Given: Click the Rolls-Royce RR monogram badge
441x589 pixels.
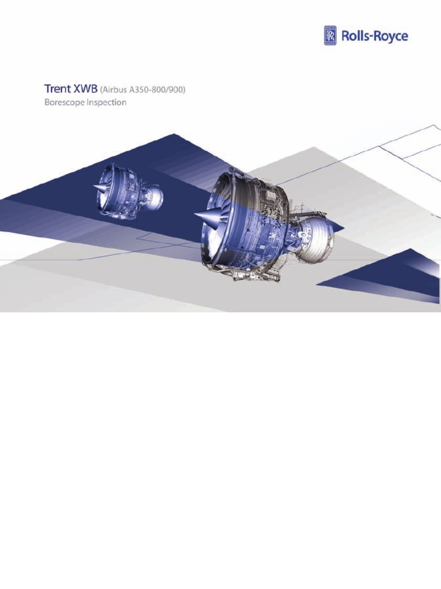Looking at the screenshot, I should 331,36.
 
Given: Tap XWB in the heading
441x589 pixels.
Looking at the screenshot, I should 86,90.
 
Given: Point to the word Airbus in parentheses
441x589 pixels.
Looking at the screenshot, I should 118,90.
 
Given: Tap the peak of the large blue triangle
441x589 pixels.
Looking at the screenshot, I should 175,135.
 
